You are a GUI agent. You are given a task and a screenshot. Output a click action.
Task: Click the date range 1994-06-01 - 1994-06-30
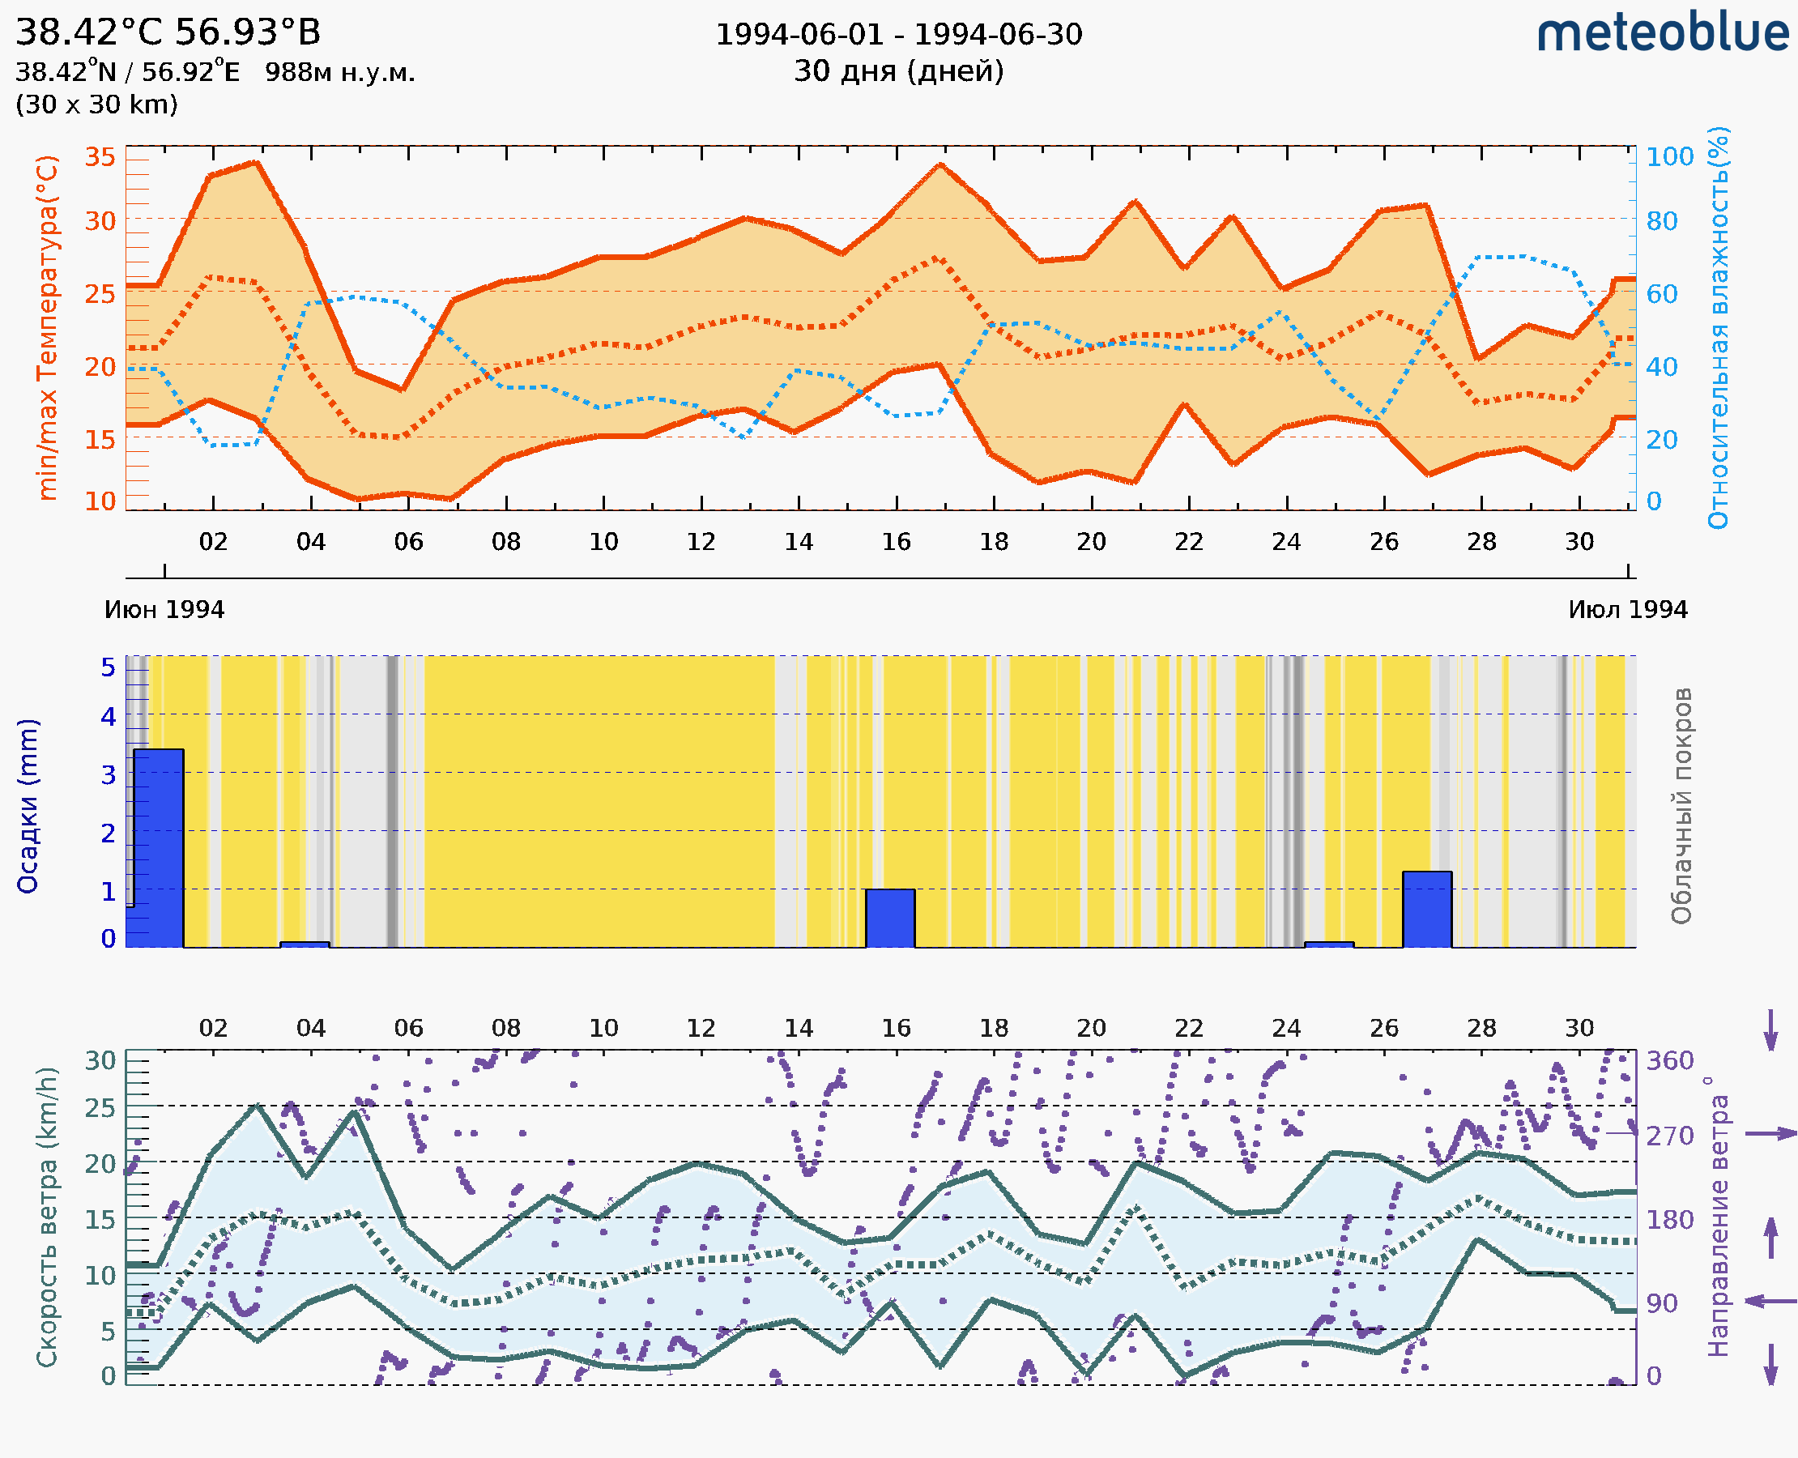click(x=898, y=35)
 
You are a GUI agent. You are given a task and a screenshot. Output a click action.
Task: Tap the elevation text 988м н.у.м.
click(x=339, y=73)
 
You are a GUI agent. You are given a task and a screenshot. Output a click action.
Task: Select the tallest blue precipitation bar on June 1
click(x=159, y=847)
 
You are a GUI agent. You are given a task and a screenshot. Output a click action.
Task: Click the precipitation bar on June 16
click(x=890, y=918)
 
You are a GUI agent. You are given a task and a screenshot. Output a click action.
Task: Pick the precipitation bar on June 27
click(x=1427, y=910)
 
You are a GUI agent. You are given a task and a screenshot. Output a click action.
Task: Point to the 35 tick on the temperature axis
click(x=100, y=157)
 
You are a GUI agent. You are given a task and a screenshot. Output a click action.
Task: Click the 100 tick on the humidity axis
click(x=1669, y=157)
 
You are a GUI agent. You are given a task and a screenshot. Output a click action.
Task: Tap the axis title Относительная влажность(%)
click(x=1718, y=327)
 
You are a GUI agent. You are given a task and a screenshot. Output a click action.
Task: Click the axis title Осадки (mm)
click(x=28, y=806)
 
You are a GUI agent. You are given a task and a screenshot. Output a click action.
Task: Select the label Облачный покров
click(x=1681, y=806)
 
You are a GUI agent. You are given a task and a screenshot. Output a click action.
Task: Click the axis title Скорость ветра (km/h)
click(x=47, y=1217)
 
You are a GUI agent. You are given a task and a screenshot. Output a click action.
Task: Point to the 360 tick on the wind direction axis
click(x=1669, y=1061)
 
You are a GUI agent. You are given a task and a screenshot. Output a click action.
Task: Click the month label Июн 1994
click(x=164, y=610)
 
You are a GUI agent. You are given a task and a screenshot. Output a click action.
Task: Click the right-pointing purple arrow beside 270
click(x=1770, y=1134)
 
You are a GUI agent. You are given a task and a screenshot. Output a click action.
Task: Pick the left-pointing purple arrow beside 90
click(x=1770, y=1301)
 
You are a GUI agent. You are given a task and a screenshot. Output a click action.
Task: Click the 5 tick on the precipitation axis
click(x=109, y=667)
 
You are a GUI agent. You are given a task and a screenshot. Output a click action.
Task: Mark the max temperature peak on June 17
click(x=940, y=164)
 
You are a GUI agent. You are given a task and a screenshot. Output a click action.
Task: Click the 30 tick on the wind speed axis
click(x=100, y=1061)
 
